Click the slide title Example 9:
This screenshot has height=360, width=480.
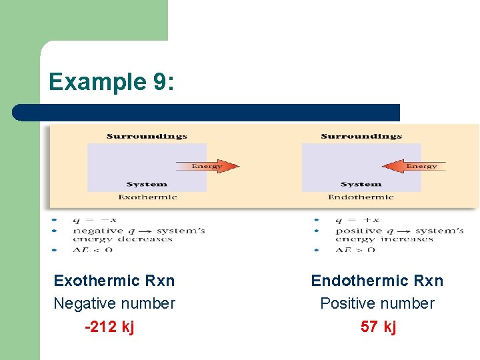click(111, 81)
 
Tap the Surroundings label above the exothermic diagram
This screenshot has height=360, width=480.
click(147, 137)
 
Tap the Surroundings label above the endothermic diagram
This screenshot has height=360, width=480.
click(361, 137)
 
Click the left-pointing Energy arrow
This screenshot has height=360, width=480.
click(413, 166)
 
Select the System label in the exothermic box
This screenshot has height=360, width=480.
click(147, 185)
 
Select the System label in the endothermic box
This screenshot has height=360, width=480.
click(361, 185)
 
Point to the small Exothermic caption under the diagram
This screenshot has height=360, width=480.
click(147, 197)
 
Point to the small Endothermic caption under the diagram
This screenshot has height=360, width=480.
click(361, 197)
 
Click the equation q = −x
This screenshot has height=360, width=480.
click(95, 220)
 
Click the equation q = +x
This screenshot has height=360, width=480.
click(357, 220)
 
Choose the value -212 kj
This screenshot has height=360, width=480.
click(109, 327)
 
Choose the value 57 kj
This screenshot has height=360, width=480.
click(378, 327)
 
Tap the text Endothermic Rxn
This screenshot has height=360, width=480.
click(377, 281)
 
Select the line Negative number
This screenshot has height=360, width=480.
click(114, 304)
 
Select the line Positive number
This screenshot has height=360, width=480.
click(377, 304)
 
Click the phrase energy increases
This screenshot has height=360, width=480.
click(385, 239)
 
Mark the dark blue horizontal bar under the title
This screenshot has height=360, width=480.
click(206, 113)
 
